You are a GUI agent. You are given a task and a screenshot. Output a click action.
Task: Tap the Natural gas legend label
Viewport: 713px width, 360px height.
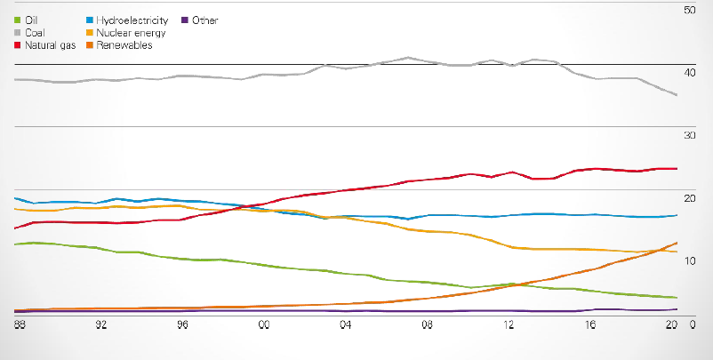[x=51, y=45]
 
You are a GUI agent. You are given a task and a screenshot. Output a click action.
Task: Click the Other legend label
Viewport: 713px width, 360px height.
[x=204, y=20]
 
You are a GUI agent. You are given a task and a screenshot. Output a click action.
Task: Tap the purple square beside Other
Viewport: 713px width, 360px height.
[x=184, y=20]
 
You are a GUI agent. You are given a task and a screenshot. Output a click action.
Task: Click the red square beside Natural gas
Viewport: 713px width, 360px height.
[x=18, y=45]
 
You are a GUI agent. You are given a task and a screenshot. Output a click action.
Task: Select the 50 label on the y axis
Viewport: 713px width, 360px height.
[x=687, y=10]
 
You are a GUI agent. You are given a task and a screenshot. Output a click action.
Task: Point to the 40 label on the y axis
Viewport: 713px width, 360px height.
[x=687, y=72]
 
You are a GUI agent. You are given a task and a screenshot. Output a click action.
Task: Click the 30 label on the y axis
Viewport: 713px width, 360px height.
[x=687, y=134]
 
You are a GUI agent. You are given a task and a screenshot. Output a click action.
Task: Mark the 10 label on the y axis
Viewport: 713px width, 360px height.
[x=687, y=259]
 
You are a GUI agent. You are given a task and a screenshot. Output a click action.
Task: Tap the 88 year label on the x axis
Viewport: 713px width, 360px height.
[x=20, y=325]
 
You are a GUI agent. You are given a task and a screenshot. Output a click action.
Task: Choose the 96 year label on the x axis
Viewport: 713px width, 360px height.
[x=182, y=325]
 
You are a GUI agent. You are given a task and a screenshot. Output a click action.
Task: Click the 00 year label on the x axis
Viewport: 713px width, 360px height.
[x=264, y=325]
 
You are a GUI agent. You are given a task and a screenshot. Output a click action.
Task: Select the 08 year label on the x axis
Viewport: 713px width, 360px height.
[x=427, y=325]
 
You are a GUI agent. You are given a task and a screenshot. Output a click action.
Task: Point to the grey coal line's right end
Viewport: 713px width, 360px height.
[x=677, y=95]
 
